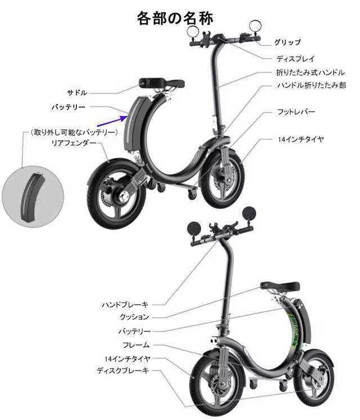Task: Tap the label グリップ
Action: click(x=287, y=42)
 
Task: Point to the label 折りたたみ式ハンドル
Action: click(x=310, y=73)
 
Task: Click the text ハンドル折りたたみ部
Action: click(x=310, y=85)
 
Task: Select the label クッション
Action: click(x=135, y=317)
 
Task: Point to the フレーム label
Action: click(x=136, y=344)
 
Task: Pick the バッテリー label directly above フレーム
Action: click(x=133, y=330)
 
